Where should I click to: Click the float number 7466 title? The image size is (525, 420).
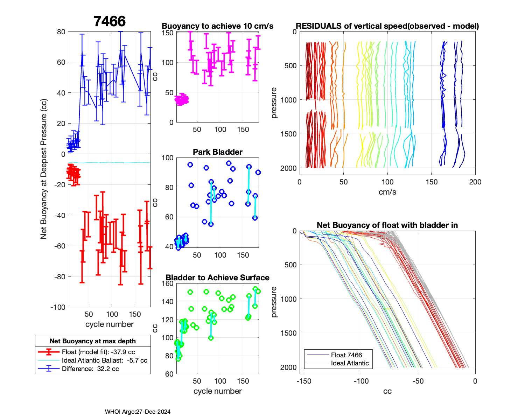pos(110,21)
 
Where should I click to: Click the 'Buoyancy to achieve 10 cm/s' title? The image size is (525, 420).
pos(217,26)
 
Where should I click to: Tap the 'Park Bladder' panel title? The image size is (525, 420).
pos(217,152)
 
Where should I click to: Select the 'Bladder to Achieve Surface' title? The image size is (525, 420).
pos(217,278)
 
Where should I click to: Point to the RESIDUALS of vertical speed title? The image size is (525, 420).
pos(387,26)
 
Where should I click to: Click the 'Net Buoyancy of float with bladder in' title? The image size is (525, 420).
pos(387,225)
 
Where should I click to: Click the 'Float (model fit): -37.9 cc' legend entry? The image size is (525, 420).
pos(98,352)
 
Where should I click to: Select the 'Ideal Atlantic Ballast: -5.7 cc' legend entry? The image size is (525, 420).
pos(104,360)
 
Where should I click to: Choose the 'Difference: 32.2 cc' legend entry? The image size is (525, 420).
pos(90,369)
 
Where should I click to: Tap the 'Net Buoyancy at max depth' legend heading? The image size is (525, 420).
pos(93,341)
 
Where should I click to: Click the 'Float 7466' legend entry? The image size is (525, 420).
pos(346,355)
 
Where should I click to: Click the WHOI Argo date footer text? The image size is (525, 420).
pos(138,412)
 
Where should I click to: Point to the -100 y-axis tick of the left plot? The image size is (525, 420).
pos(58,307)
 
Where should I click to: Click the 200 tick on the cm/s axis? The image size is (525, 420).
pos(475,182)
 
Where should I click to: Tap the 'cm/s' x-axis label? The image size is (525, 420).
pos(387,192)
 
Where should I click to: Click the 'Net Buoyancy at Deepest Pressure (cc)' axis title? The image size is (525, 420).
pos(44,169)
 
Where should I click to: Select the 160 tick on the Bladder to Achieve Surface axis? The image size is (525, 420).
pos(169,283)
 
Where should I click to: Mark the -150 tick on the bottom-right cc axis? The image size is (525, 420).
pos(304,381)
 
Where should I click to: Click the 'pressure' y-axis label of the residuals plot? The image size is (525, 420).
pos(274,103)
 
